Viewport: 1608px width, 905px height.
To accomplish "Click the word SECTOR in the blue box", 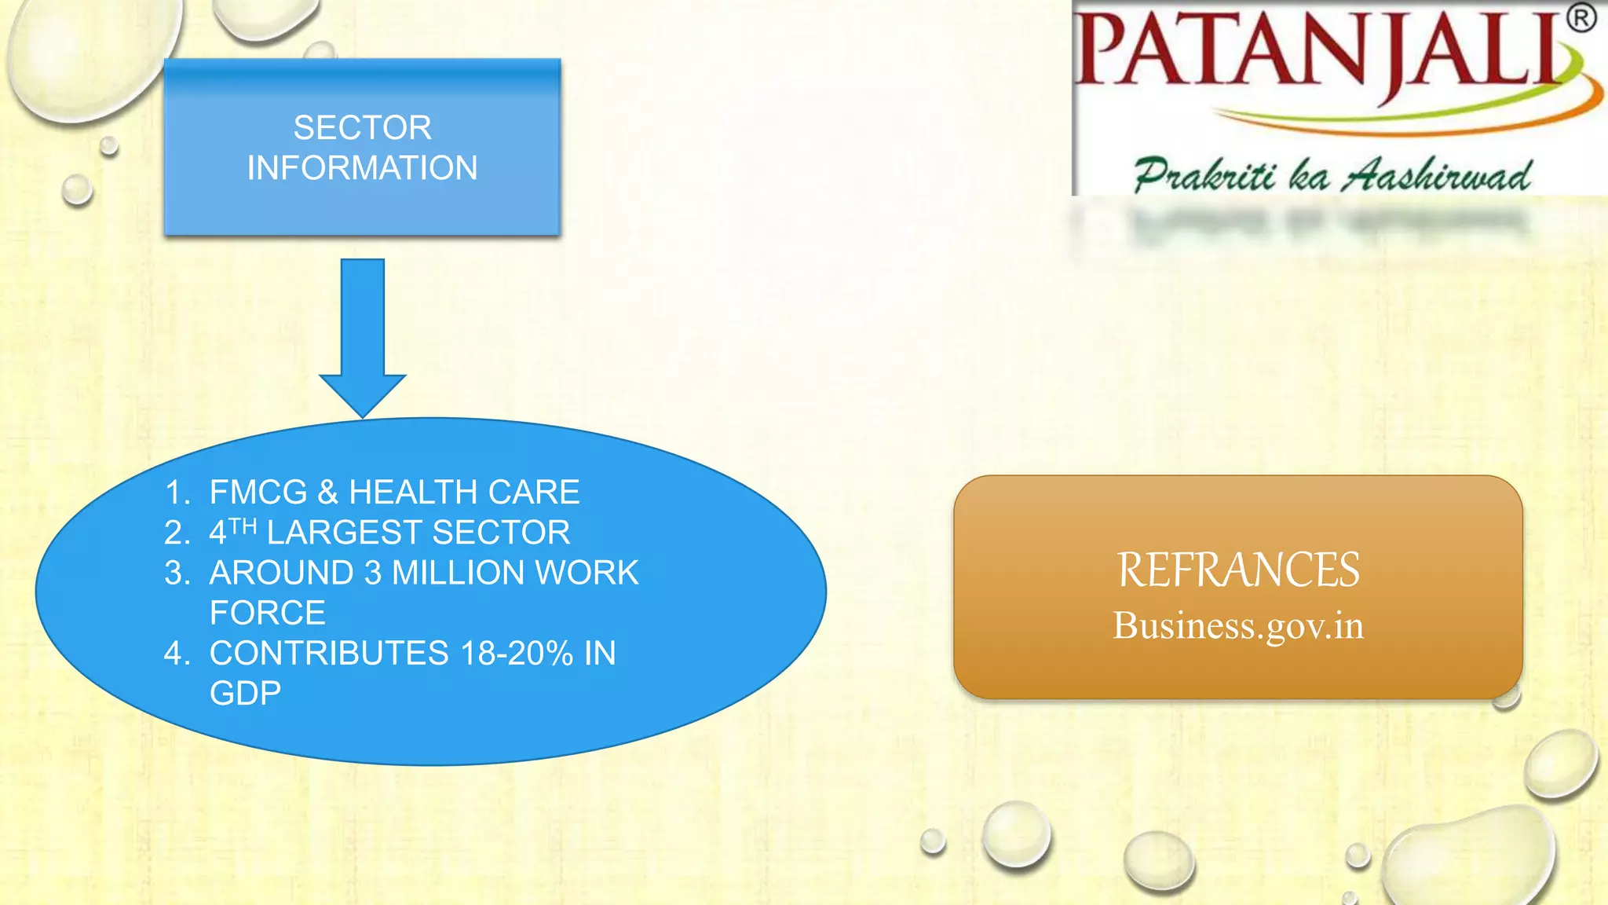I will click(362, 128).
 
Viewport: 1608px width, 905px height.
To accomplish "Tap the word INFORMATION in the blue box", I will click(362, 168).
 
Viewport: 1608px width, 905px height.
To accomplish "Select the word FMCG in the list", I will click(258, 493).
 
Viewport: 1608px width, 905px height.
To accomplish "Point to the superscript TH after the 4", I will click(243, 526).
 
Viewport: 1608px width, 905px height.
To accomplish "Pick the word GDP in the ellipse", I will click(245, 694).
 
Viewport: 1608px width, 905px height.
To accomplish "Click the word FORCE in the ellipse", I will click(267, 614).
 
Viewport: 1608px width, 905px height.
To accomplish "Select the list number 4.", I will click(177, 654).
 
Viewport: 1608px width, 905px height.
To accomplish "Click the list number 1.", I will click(177, 493).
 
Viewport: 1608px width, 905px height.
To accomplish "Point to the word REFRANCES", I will click(1238, 570).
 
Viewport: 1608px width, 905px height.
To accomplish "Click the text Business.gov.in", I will click(1238, 626).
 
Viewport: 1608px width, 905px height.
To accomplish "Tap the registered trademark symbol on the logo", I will click(1581, 18).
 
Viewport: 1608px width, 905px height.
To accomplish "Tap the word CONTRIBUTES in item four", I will click(328, 654).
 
